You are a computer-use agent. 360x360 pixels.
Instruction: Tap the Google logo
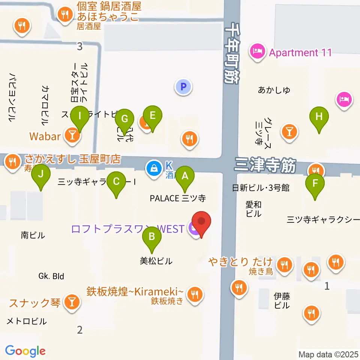pyautogui.click(x=25, y=351)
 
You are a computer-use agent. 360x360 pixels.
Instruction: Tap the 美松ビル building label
pyautogui.click(x=156, y=261)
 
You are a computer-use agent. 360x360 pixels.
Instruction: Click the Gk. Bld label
pyautogui.click(x=51, y=276)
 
